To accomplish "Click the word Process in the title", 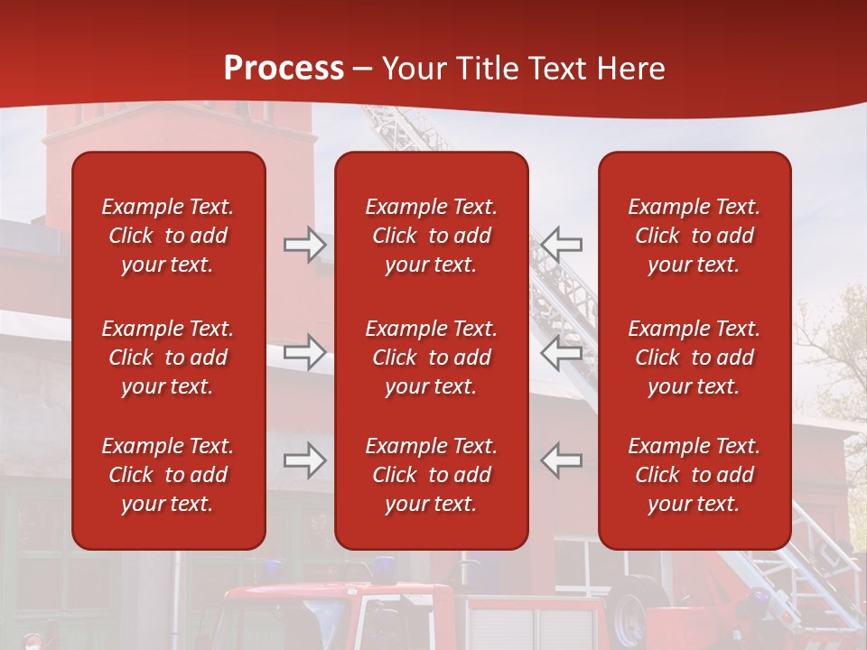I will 284,69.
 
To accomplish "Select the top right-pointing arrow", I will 305,245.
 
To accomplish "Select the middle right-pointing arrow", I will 305,352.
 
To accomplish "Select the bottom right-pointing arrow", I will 305,460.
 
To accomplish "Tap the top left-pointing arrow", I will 562,245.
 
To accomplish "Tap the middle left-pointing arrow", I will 562,352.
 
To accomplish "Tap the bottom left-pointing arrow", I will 562,460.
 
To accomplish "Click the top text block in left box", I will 168,236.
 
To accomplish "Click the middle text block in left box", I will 168,357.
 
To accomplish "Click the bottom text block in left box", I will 168,475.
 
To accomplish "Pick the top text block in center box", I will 431,236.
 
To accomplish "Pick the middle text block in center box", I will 431,357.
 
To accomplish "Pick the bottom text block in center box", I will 431,475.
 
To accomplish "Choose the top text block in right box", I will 694,236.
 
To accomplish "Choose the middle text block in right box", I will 694,357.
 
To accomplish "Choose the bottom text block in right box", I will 694,475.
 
